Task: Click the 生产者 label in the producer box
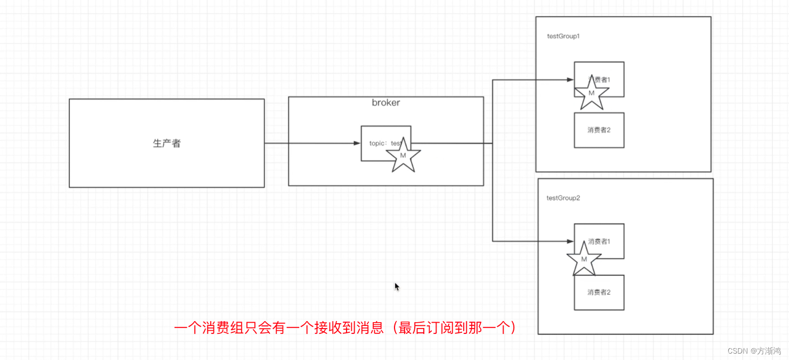click(167, 143)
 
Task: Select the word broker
click(386, 103)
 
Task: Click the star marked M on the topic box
click(403, 155)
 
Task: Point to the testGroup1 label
click(563, 36)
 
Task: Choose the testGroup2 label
click(563, 198)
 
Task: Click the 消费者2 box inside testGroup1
click(599, 130)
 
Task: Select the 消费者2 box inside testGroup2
click(599, 292)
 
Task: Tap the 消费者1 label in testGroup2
click(599, 242)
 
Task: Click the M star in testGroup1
click(591, 93)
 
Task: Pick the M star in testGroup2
click(584, 259)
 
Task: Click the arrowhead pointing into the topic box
click(357, 143)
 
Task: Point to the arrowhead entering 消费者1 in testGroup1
click(570, 80)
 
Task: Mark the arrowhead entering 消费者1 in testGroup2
click(570, 242)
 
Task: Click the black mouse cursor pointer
click(397, 286)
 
